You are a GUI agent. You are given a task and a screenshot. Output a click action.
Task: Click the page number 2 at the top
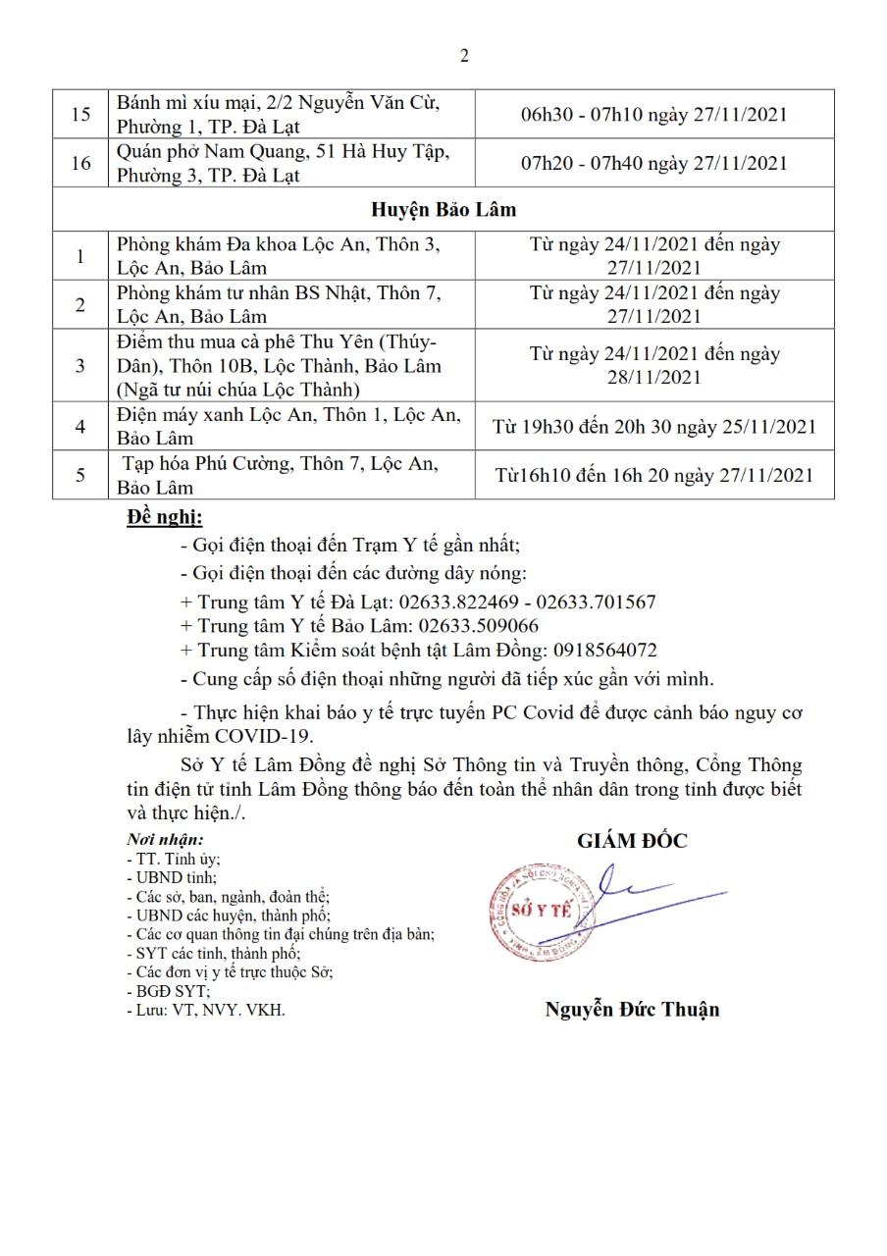coord(464,56)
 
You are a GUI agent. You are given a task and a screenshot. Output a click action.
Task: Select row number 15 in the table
coord(81,115)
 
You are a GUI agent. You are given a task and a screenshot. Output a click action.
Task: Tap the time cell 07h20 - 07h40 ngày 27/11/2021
coord(654,163)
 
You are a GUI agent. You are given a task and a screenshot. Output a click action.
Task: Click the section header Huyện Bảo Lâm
coord(443,210)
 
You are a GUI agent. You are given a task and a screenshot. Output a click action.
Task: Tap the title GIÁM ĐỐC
coord(632,840)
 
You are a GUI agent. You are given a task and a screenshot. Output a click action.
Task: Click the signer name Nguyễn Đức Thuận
coord(632,1009)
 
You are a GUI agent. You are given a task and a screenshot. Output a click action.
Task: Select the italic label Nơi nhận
coord(165,840)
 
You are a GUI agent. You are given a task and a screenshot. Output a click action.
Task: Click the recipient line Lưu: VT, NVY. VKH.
coord(206,1009)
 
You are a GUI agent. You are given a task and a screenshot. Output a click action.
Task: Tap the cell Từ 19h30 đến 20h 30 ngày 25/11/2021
coord(654,427)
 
